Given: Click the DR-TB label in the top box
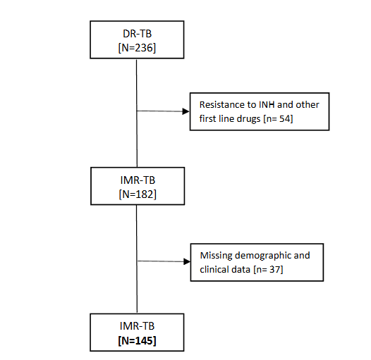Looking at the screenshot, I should click(x=136, y=35).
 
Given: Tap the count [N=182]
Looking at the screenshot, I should click(x=137, y=192).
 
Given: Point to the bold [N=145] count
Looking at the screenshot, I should click(x=137, y=340).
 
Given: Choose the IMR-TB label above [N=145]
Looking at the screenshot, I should click(x=137, y=328).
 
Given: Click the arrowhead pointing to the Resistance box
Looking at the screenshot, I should click(x=187, y=111).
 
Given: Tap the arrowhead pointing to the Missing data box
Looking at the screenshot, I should click(x=187, y=261).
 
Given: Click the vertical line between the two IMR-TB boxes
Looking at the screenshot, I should click(x=137, y=261).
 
